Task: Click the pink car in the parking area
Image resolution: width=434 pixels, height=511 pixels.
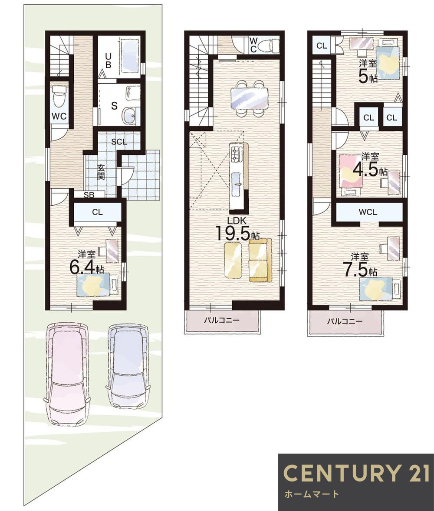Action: [67, 375]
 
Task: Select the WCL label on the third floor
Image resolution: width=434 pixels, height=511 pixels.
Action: [368, 212]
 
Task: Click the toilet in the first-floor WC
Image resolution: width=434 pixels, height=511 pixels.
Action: [59, 96]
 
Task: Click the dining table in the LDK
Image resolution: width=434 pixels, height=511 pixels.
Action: [249, 98]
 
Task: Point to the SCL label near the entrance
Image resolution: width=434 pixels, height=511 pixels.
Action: [119, 142]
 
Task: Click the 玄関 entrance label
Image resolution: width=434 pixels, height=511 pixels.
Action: [101, 172]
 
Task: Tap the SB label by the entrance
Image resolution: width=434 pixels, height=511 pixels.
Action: [89, 195]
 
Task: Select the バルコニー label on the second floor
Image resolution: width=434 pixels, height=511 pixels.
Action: [221, 321]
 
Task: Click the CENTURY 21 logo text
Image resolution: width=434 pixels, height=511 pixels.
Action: [356, 473]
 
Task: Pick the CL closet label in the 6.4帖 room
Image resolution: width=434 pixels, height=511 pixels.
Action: [97, 212]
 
